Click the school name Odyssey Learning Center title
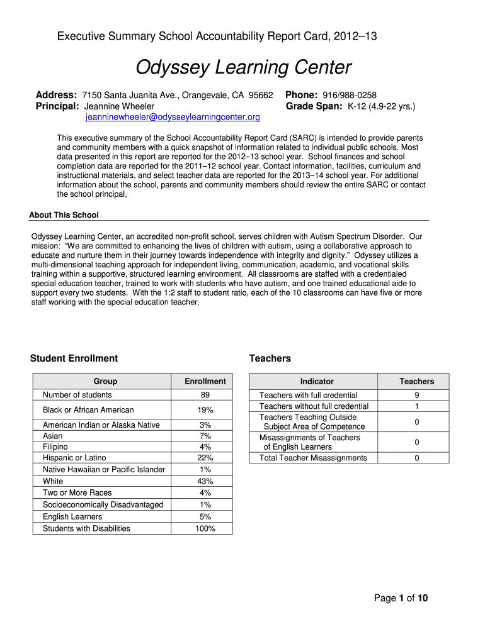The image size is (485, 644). pos(244,67)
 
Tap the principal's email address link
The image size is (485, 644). pos(173,117)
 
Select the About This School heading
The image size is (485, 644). pos(64,215)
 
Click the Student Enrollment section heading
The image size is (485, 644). pos(74,358)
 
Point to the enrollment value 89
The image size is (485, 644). pos(205,395)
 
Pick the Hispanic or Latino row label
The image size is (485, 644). pos(74,458)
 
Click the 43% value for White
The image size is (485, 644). pos(205,481)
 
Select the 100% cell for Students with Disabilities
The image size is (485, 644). pos(205,528)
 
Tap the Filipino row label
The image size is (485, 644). pos(57,447)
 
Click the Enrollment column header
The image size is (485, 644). pos(205,381)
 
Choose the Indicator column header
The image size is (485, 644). pos(317,381)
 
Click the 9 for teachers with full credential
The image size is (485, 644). pos(416,395)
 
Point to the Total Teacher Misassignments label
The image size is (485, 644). pos(313,458)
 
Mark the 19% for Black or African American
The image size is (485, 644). pos(205,410)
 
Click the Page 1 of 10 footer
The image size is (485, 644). pos(401,598)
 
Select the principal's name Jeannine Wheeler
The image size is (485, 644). pos(119,106)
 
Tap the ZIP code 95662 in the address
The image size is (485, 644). pos(261,95)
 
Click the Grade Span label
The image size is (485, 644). pos(314,106)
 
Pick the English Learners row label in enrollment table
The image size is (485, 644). pos(72,516)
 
